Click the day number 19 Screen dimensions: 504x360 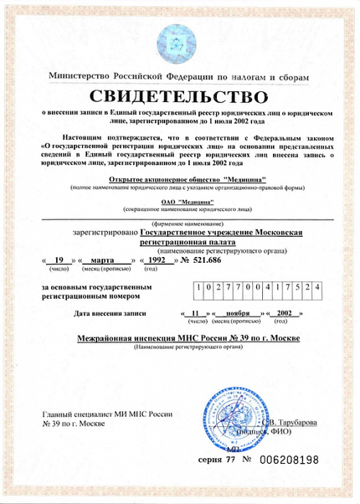click(59, 260)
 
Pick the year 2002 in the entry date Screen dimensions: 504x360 click(287, 312)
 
